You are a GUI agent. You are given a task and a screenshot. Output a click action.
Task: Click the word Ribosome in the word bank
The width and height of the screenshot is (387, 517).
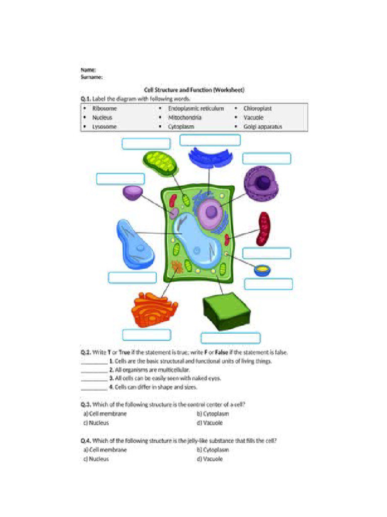tap(104, 109)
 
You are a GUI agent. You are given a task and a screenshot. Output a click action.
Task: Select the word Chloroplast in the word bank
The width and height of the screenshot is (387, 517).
tap(257, 109)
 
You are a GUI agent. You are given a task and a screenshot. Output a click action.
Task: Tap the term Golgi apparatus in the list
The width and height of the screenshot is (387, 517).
tap(263, 127)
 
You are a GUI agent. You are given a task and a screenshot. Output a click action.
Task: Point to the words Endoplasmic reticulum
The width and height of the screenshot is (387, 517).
tap(196, 109)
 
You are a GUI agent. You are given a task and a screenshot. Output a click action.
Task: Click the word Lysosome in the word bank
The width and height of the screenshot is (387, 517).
tap(104, 127)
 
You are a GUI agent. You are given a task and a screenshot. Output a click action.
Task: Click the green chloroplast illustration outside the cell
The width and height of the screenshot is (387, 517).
tap(159, 163)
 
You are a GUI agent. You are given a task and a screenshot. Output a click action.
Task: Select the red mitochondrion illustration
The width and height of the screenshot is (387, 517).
tap(264, 229)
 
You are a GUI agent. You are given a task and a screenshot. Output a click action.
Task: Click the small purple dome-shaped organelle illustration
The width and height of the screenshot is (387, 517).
tap(133, 192)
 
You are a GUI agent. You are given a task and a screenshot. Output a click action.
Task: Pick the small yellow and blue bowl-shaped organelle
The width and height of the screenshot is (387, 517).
tap(262, 271)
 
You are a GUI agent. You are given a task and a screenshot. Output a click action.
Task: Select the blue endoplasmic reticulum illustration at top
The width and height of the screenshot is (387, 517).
tap(211, 158)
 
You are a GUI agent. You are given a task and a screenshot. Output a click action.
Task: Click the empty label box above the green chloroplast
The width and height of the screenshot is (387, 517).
tap(146, 144)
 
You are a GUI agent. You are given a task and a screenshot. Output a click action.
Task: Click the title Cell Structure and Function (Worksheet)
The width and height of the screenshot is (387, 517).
tap(194, 89)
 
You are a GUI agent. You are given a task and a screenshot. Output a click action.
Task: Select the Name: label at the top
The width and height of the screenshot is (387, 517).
tap(88, 69)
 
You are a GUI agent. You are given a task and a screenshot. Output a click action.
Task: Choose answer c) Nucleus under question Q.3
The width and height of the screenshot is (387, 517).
tap(96, 423)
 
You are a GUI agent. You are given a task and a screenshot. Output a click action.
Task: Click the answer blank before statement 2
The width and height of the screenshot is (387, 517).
tap(94, 370)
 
